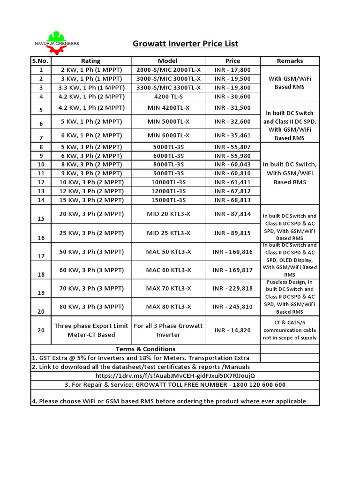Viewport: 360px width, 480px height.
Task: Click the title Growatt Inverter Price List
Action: click(x=186, y=44)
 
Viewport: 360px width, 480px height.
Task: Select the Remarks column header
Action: click(x=290, y=61)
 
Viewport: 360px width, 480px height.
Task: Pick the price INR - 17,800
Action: click(x=232, y=70)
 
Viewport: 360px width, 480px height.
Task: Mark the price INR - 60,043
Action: click(x=232, y=165)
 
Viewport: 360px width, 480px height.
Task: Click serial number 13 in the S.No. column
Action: click(x=41, y=191)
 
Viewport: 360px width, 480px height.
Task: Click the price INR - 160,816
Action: click(x=232, y=252)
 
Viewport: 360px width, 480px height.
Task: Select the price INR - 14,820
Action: click(x=232, y=330)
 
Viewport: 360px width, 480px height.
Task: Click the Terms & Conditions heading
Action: click(x=145, y=349)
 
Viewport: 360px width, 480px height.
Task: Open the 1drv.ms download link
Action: click(x=175, y=376)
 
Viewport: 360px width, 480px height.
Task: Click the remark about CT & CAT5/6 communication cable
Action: click(x=289, y=330)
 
